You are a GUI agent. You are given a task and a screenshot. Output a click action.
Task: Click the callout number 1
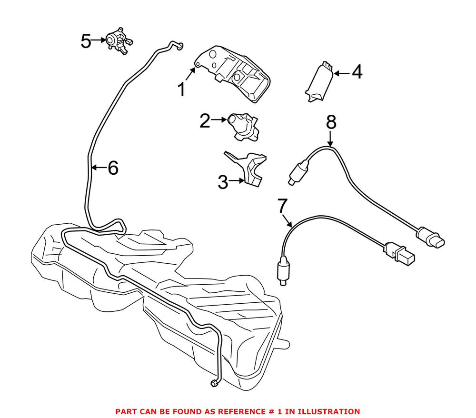pos(181,90)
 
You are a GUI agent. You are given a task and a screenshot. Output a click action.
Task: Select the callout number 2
pos(205,121)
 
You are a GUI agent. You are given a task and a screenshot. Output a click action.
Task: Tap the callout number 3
pos(223,182)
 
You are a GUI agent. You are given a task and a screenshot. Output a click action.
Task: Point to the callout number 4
pos(357,73)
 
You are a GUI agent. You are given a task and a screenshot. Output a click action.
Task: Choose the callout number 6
pos(112,168)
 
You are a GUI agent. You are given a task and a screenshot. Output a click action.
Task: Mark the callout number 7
pos(282,206)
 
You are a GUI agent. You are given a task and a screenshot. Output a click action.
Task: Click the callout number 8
pos(331,123)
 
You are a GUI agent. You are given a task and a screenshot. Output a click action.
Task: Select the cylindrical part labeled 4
pos(319,81)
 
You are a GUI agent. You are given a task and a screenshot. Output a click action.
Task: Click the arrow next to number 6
pos(98,167)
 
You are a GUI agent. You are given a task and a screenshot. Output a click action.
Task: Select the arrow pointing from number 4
pos(342,73)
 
